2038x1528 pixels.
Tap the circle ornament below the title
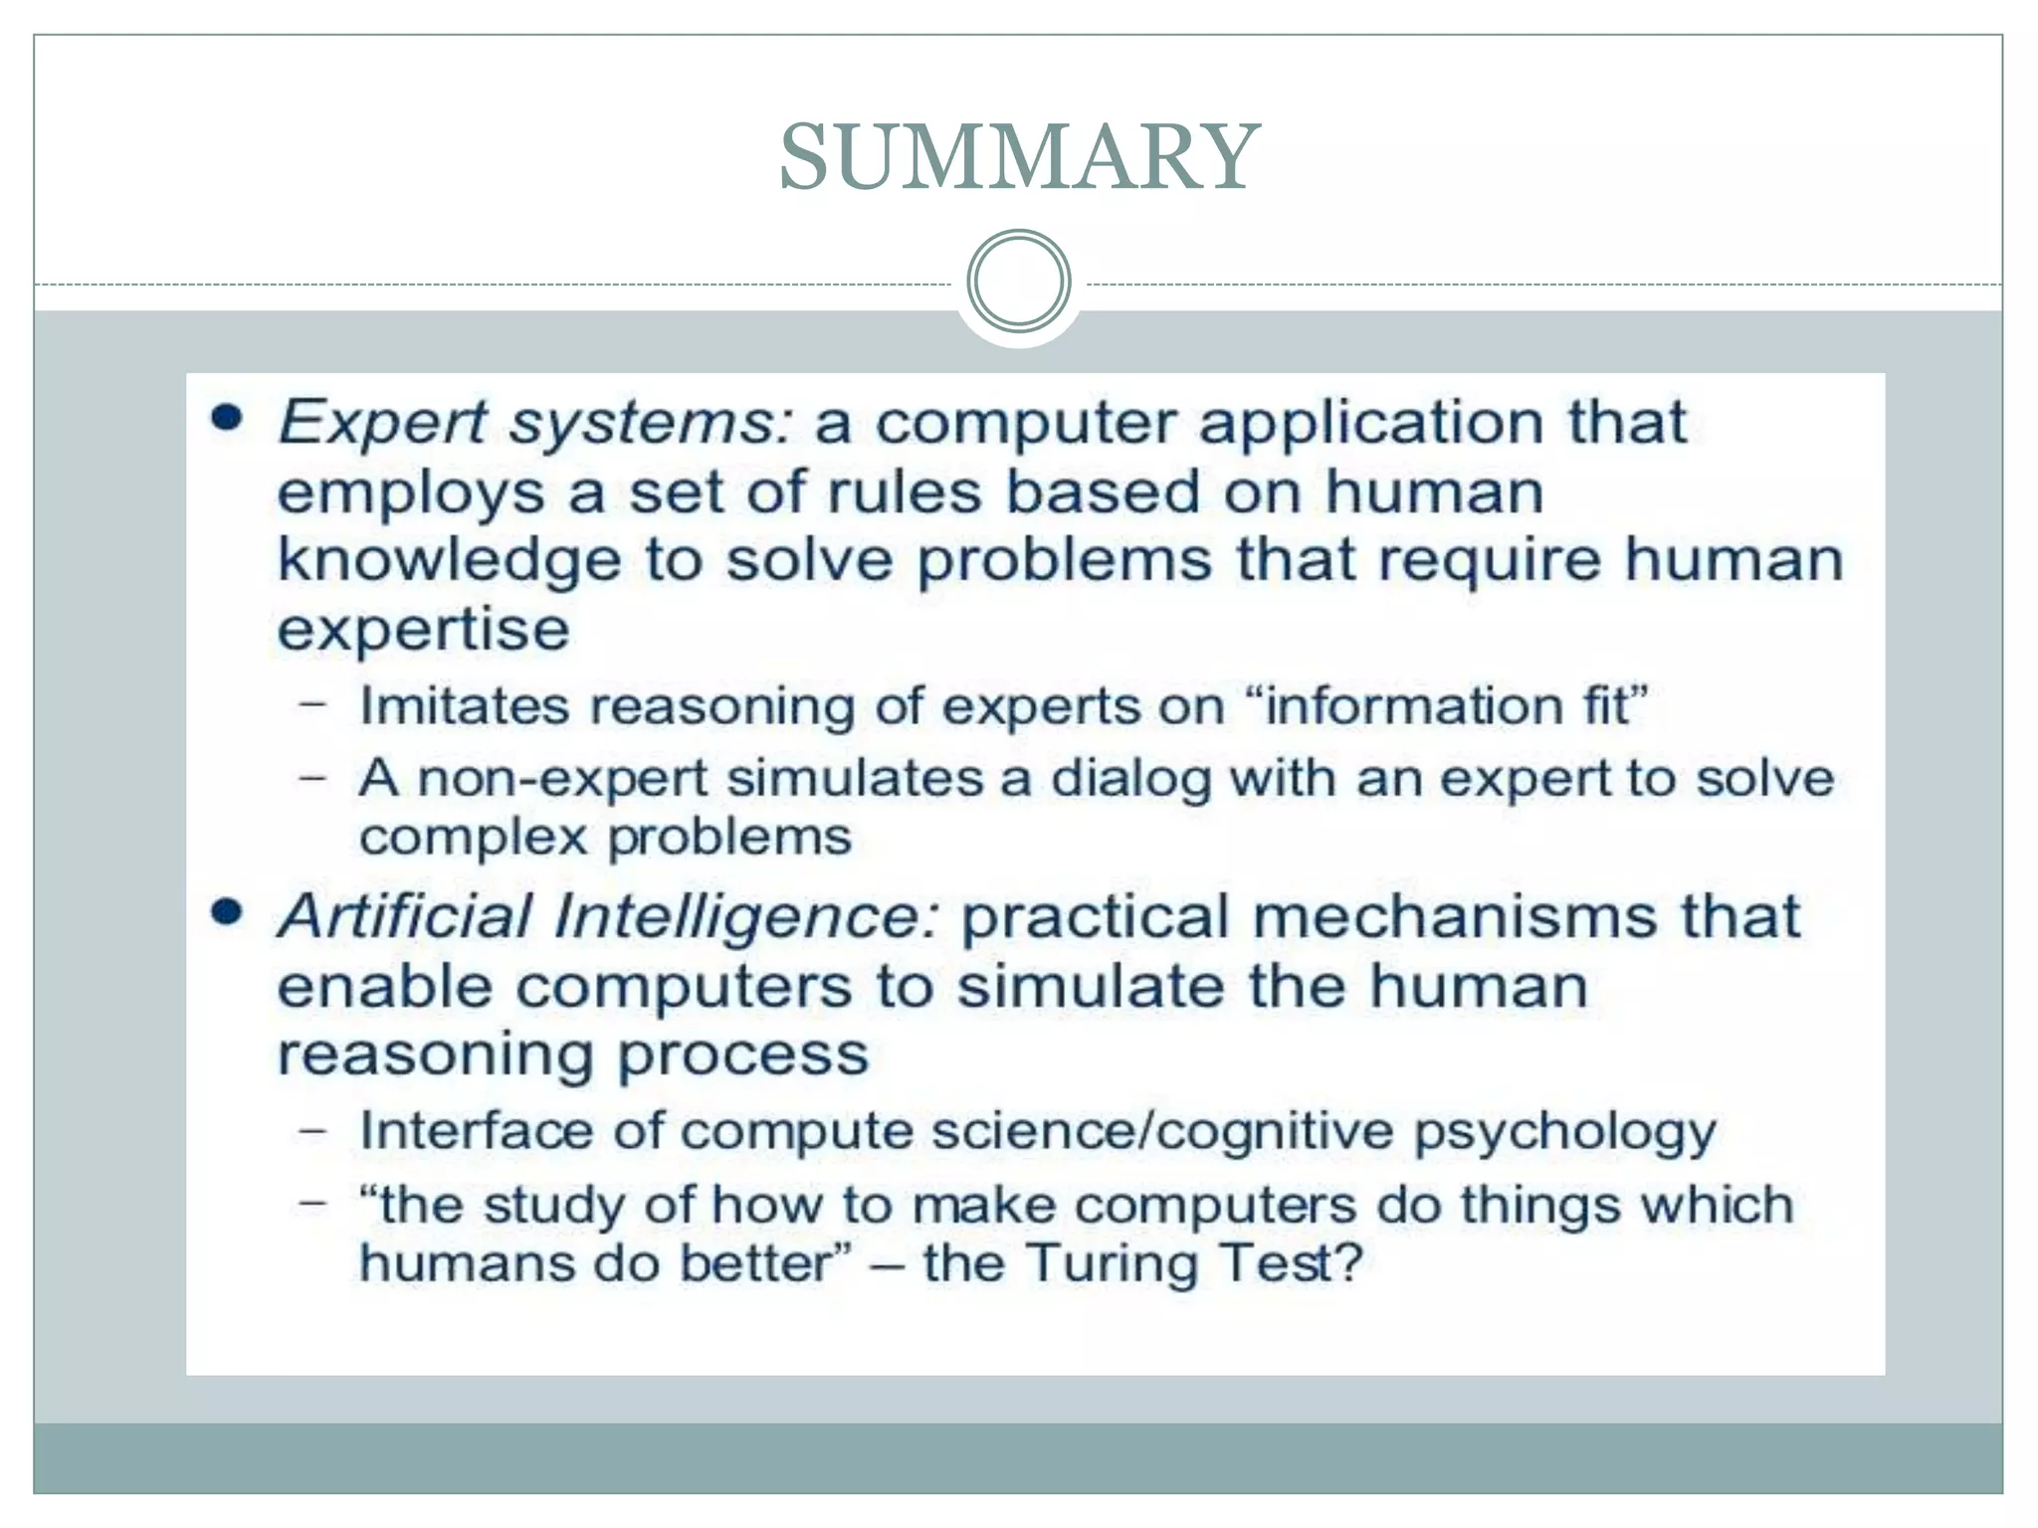tap(1018, 281)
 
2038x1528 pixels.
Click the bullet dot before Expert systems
tap(228, 419)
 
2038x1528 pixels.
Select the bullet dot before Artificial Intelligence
tap(228, 912)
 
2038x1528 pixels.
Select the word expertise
tap(423, 630)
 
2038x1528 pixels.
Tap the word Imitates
tap(465, 706)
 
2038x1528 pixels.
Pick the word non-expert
tap(562, 778)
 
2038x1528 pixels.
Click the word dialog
tap(1131, 778)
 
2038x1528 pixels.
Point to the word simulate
tap(1091, 987)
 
